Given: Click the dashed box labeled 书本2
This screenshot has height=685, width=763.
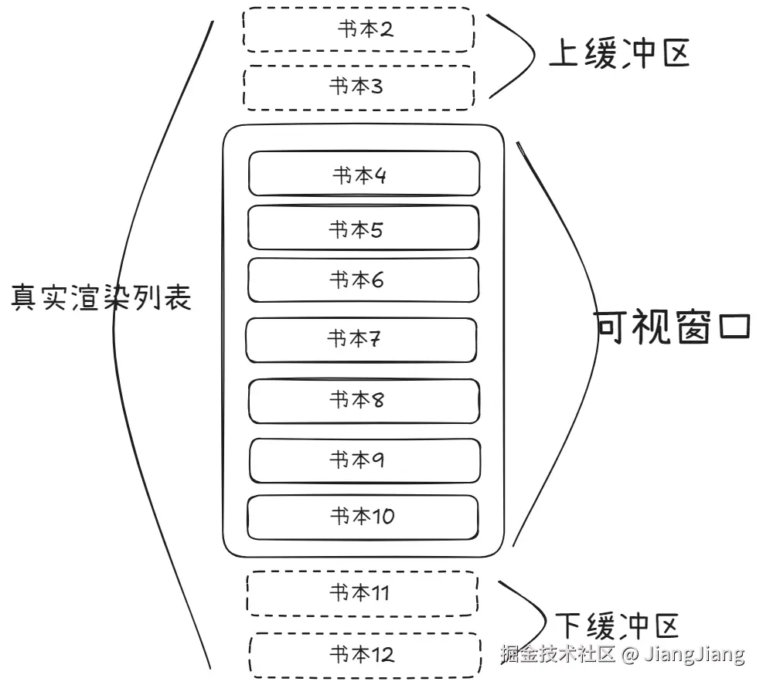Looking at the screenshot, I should tap(358, 30).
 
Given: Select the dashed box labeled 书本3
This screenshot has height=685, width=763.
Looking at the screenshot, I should tap(358, 86).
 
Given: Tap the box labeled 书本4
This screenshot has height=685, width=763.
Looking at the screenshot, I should tap(363, 175).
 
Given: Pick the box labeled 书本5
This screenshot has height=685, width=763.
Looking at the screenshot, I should tap(363, 229).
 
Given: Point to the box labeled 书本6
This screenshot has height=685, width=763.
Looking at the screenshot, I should tap(363, 280).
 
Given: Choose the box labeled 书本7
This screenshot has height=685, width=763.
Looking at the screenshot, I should tap(361, 340).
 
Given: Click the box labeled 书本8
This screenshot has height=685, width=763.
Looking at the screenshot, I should tap(363, 400).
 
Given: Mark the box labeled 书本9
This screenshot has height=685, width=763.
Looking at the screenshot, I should tap(364, 460).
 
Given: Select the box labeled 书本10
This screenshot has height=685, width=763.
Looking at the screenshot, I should tap(363, 516).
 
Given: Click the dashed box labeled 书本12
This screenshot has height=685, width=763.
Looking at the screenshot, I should tap(363, 655).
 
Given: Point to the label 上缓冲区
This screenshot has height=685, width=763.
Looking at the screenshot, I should tap(618, 54).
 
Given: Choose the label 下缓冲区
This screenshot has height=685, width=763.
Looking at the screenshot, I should tap(616, 624).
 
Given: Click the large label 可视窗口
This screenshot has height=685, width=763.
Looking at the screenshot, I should tap(673, 327).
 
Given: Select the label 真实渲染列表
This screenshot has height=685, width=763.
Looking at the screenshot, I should tap(101, 297).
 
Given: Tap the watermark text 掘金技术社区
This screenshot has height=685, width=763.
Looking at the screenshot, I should tap(557, 656).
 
